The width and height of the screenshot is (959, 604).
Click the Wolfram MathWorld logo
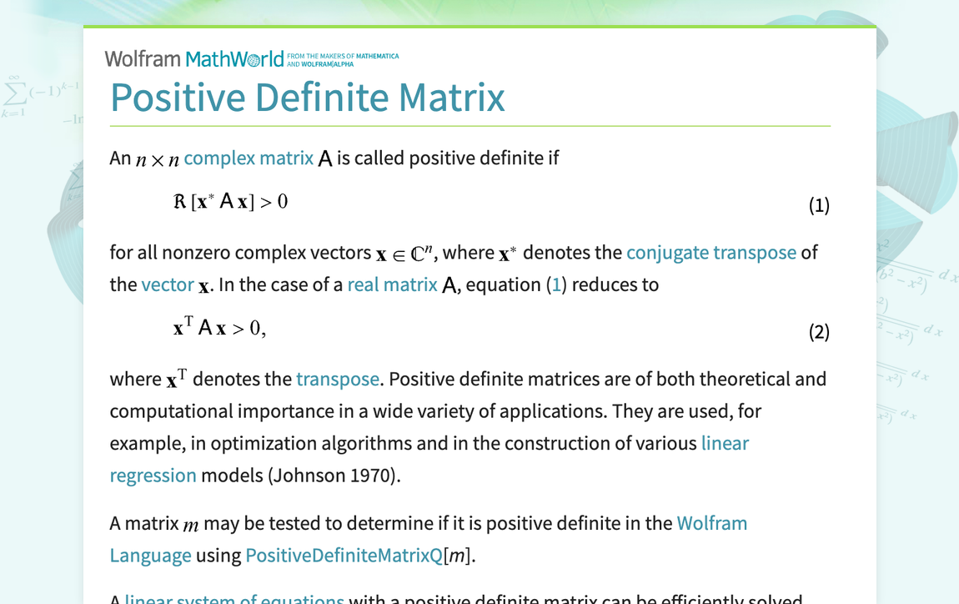[193, 59]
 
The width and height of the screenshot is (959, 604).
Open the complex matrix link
[249, 158]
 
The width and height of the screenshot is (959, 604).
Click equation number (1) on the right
[819, 205]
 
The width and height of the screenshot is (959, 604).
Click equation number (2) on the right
[819, 332]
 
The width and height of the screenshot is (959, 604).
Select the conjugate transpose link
[710, 252]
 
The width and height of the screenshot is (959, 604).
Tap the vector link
[167, 284]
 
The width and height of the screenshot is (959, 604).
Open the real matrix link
[392, 284]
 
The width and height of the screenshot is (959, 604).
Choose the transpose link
[338, 379]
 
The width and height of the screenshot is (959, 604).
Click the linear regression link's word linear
[725, 443]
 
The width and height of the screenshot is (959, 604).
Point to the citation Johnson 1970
[334, 476]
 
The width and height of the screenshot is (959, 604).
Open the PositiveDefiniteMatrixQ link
[344, 556]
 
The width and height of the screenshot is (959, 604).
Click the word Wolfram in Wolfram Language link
[711, 523]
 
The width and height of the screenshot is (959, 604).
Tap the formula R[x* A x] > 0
[230, 202]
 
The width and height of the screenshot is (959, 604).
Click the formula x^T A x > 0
[218, 328]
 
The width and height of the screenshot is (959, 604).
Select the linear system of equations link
[233, 597]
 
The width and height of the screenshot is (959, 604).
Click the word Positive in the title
[177, 97]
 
